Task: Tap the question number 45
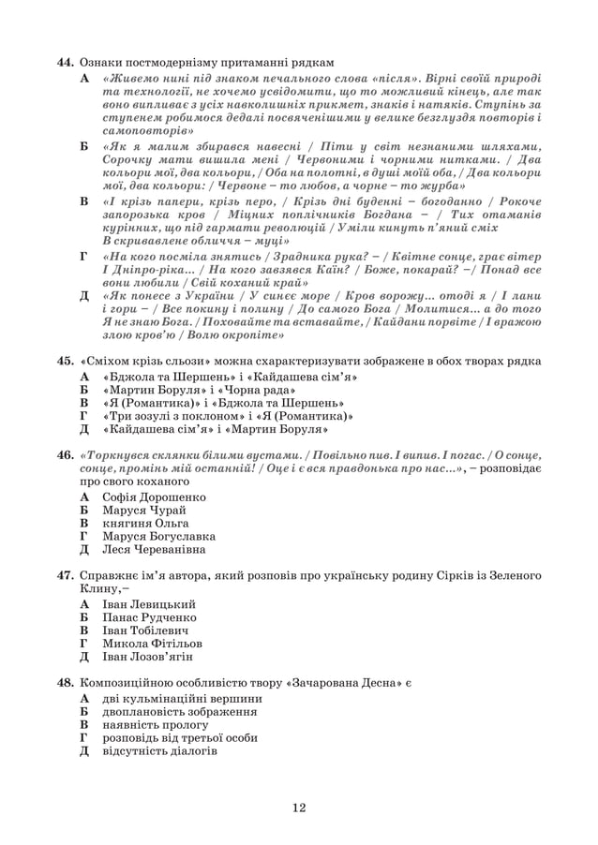(65, 362)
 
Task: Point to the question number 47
(65, 572)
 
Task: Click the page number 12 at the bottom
(299, 808)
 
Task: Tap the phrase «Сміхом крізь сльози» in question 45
(145, 362)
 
